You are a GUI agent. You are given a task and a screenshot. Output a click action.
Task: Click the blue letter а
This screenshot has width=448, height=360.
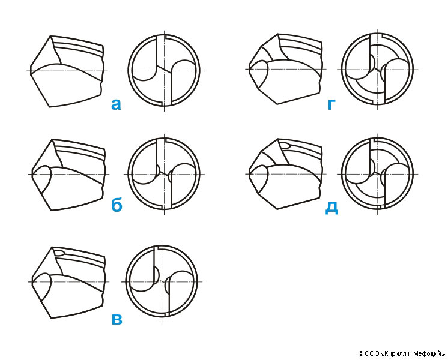tap(116, 105)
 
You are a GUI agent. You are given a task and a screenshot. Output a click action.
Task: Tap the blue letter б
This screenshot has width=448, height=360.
tap(117, 205)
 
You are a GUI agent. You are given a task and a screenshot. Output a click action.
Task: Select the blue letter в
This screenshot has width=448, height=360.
tap(117, 320)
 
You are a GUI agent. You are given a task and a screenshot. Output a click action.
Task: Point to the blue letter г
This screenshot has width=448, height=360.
tap(331, 105)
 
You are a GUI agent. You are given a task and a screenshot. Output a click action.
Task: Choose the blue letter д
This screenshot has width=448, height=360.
tap(331, 207)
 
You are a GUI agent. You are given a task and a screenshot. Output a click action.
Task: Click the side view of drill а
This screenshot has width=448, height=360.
tap(67, 71)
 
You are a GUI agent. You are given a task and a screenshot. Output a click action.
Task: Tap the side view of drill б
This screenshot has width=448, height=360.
tap(68, 175)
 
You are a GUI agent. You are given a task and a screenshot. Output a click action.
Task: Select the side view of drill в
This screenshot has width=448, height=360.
tap(68, 282)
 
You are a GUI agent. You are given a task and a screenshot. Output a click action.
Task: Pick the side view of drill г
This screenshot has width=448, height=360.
tap(286, 69)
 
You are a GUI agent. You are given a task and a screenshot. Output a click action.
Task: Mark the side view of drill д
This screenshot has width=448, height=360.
tap(286, 174)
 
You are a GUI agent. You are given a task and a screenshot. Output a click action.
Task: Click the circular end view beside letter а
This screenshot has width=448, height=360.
tap(164, 71)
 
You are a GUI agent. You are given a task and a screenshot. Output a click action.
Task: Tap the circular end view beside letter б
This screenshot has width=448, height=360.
tap(164, 174)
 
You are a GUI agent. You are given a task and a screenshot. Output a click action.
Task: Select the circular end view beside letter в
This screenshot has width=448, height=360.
tap(162, 281)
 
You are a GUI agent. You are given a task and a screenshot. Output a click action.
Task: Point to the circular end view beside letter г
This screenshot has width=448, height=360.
tap(377, 69)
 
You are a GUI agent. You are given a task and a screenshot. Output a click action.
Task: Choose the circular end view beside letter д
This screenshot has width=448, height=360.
tap(377, 174)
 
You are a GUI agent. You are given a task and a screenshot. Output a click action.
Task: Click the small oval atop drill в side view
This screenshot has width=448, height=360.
tap(59, 253)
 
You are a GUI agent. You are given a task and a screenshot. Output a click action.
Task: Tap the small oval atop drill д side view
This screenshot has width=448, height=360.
tap(285, 145)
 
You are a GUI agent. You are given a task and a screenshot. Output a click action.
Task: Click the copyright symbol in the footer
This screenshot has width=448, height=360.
tap(361, 354)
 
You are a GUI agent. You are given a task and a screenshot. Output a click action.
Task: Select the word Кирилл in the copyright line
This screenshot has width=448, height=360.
tap(394, 354)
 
